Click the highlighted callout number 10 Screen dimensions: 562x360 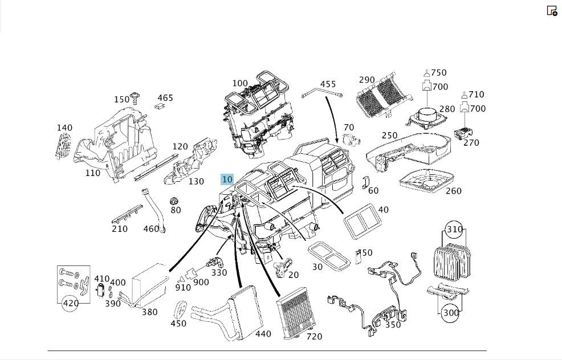coord(227,179)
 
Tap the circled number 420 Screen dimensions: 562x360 coord(71,303)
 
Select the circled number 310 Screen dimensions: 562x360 coord(454,229)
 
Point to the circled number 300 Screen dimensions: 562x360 coord(451,313)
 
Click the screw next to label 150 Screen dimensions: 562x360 coord(135,97)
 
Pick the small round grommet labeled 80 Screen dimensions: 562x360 coord(174,201)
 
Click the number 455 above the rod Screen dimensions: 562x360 coord(328,84)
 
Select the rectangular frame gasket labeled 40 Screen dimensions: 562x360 coord(360,220)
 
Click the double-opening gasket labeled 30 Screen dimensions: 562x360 coord(329,255)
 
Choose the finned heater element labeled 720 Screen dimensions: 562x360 coord(296,312)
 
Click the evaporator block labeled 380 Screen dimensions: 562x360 coord(150,284)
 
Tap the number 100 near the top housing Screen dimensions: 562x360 coord(240,84)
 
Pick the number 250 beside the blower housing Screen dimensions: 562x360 coord(389,136)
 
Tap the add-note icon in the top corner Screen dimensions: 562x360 coord(552,11)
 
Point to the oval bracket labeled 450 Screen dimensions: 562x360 coord(180,310)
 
